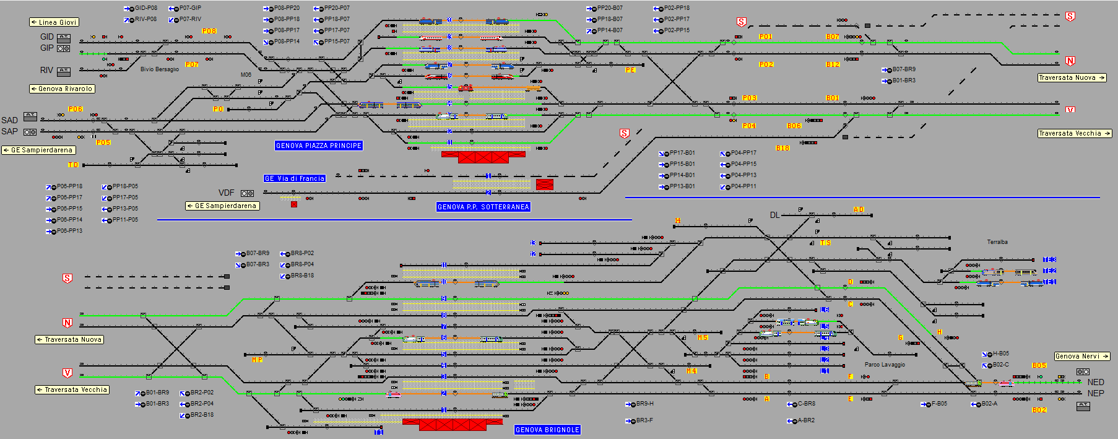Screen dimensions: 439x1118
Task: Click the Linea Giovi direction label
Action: (x=54, y=22)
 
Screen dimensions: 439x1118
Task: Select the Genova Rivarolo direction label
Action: (x=62, y=89)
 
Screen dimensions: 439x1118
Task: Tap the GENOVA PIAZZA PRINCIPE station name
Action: (x=318, y=146)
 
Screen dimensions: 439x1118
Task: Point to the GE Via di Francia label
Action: (x=295, y=178)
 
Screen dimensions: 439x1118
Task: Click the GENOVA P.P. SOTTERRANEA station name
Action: (x=483, y=207)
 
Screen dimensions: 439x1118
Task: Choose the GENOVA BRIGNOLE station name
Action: (x=547, y=430)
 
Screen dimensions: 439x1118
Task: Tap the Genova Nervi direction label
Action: (x=1081, y=357)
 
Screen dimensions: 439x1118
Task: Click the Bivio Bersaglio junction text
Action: (x=159, y=69)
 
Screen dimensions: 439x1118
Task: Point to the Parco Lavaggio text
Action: (x=885, y=365)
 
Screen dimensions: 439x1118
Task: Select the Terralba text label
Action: (x=997, y=242)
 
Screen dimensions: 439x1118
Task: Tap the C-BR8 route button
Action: (x=802, y=404)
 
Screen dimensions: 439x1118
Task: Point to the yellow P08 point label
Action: (x=209, y=31)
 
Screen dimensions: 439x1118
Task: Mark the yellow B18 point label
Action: (x=782, y=149)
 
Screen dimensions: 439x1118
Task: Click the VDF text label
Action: (x=226, y=193)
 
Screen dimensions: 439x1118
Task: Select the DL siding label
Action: (x=774, y=215)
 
